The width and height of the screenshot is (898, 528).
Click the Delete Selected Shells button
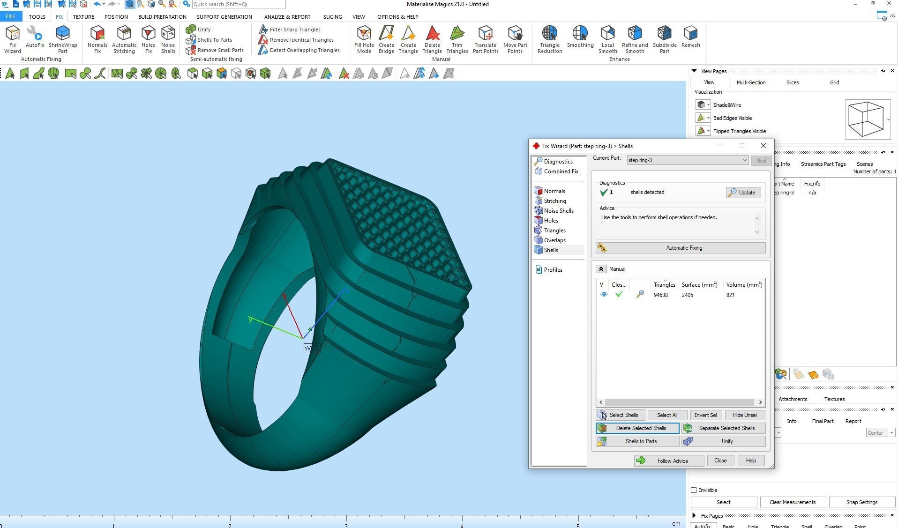pyautogui.click(x=637, y=428)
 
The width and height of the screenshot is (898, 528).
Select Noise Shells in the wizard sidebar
pyautogui.click(x=558, y=211)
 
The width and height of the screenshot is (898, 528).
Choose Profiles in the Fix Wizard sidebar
pyautogui.click(x=553, y=270)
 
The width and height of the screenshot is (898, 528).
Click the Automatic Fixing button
pyautogui.click(x=681, y=248)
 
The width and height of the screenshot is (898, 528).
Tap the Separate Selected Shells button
pyautogui.click(x=724, y=428)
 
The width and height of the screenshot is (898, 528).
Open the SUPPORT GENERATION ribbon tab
pyautogui.click(x=224, y=17)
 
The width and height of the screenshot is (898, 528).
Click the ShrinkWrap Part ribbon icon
pyautogui.click(x=63, y=39)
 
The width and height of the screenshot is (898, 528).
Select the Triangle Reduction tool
pyautogui.click(x=550, y=39)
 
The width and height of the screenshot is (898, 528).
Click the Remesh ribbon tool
pyautogui.click(x=690, y=37)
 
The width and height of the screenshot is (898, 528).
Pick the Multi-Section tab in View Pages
pyautogui.click(x=751, y=82)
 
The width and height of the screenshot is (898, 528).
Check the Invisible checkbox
pyautogui.click(x=694, y=490)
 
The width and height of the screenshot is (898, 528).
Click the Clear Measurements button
pyautogui.click(x=792, y=502)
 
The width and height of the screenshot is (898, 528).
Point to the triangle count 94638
pyautogui.click(x=660, y=295)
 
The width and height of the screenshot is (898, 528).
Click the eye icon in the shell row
pyautogui.click(x=604, y=295)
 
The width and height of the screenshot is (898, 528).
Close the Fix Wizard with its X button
pyautogui.click(x=763, y=146)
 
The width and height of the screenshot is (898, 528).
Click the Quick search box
pyautogui.click(x=238, y=4)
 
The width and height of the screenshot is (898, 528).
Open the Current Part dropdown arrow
pyautogui.click(x=744, y=160)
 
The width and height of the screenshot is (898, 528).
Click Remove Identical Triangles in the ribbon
pyautogui.click(x=301, y=40)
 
